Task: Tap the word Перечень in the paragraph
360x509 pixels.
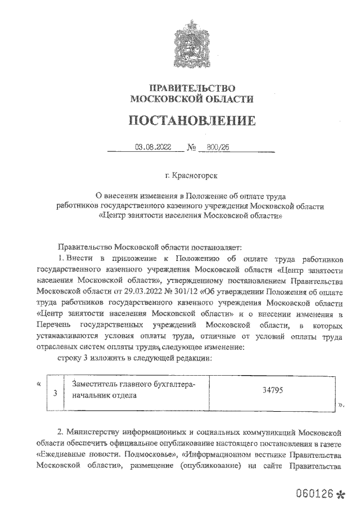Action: point(56,326)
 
